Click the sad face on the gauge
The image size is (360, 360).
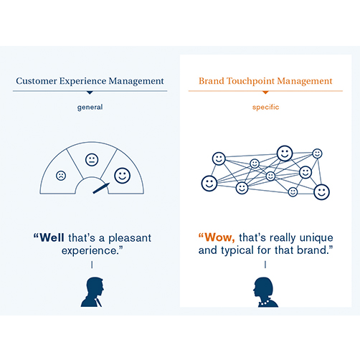61,176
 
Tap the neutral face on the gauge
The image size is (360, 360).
92,160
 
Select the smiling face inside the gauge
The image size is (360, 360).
122,176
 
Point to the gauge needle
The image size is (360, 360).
101,188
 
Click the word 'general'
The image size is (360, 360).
90,107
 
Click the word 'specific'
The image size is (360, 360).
265,107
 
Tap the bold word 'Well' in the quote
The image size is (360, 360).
52,237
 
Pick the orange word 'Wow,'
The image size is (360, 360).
219,237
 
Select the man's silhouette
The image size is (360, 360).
93,292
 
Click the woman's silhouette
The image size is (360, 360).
265,292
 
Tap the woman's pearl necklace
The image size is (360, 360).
265,303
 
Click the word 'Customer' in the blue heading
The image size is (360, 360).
37,81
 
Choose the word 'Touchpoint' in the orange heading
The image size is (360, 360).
251,81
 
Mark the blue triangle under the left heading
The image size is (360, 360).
90,93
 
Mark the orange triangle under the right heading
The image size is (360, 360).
265,93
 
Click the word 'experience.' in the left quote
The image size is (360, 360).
93,251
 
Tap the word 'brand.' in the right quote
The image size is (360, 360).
315,250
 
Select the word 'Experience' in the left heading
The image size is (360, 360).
82,81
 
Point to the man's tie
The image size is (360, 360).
98,303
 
